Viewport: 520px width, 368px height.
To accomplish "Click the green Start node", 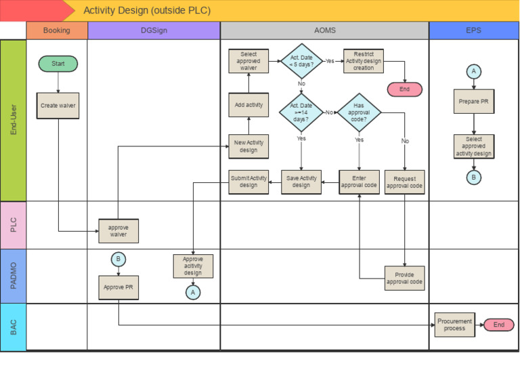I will [58, 64].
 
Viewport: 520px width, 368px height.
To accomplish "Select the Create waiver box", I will [58, 106].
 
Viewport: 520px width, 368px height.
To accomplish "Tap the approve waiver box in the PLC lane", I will [118, 230].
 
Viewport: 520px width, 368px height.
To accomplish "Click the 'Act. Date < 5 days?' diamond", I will [301, 61].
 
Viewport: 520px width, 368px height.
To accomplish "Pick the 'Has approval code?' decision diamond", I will [359, 113].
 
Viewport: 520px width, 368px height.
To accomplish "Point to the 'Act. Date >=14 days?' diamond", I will [301, 113].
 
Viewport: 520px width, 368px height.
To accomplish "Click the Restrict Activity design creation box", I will [364, 61].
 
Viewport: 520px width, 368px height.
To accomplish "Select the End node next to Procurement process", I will [498, 325].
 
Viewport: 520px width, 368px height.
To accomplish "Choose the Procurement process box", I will [454, 325].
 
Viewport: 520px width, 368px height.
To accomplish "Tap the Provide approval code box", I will [404, 278].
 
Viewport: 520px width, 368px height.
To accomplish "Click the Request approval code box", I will [404, 182].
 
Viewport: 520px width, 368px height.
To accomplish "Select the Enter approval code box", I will [359, 182].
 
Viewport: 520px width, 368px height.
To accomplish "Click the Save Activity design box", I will [301, 182].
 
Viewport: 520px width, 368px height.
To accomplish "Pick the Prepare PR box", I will [474, 102].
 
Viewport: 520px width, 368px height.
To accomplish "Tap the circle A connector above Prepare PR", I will [474, 72].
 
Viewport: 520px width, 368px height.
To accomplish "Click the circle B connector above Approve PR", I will [118, 259].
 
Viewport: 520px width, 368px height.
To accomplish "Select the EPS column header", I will [474, 30].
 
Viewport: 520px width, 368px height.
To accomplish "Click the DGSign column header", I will [154, 30].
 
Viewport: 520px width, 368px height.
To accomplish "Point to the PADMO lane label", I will [14, 276].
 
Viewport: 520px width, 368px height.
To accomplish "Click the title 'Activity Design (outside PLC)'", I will [147, 10].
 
